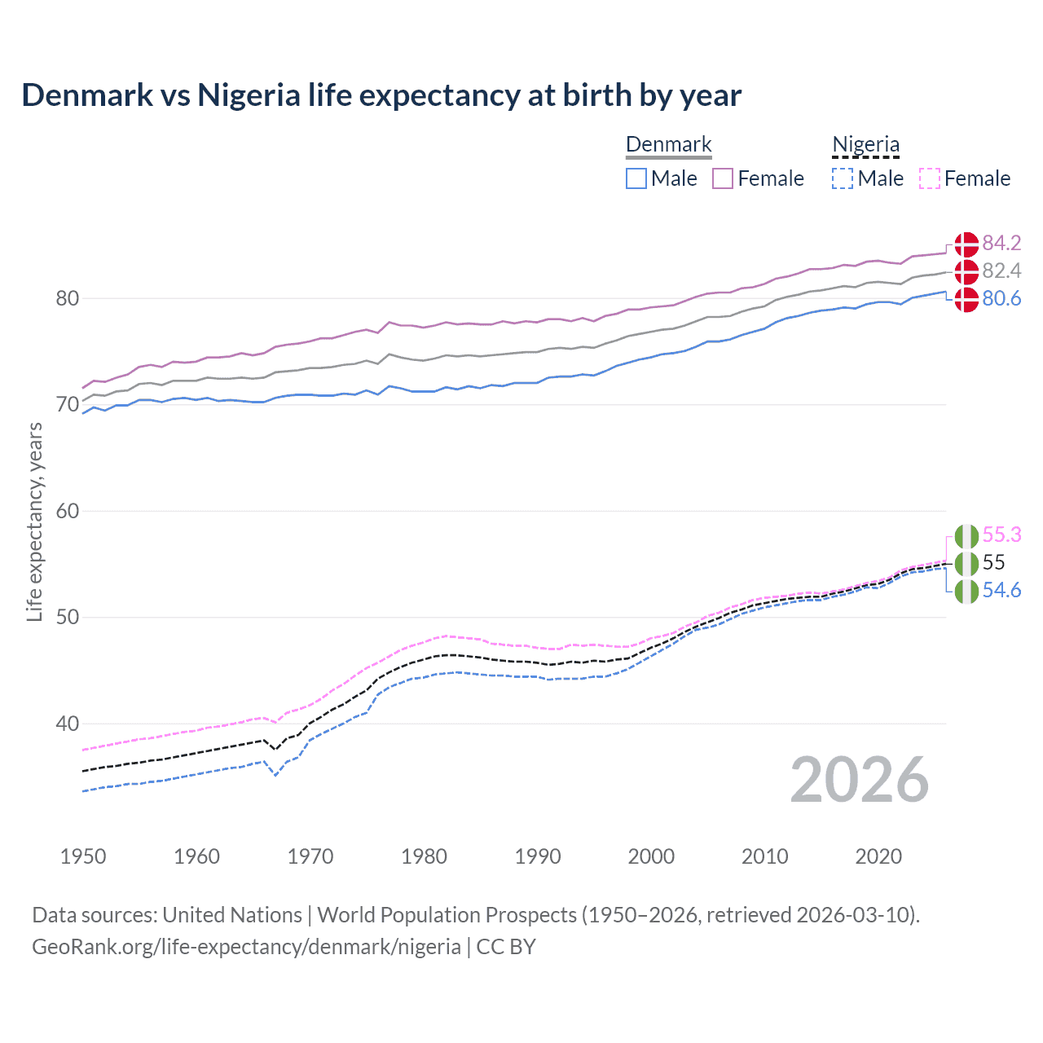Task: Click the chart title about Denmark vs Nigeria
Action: point(381,95)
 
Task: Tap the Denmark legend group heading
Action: point(668,145)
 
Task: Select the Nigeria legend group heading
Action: point(865,145)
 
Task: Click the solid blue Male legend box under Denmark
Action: point(636,178)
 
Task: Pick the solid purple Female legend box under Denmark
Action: point(723,178)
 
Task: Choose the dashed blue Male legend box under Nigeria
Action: point(843,178)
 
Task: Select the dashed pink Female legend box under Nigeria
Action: point(929,178)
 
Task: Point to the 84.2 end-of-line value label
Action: point(1001,244)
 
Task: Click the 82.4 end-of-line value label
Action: point(1001,271)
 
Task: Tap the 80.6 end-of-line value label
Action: point(1001,299)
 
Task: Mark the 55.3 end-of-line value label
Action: point(1001,535)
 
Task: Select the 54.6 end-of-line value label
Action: point(1001,591)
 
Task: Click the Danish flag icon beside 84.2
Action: point(966,244)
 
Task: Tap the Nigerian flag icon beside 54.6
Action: point(966,591)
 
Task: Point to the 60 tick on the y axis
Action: point(68,512)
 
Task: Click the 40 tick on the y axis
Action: point(68,724)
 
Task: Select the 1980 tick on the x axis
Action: point(424,856)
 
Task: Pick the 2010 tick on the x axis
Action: point(764,856)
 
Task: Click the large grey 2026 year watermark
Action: point(860,781)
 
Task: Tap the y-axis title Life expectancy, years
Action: point(35,521)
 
